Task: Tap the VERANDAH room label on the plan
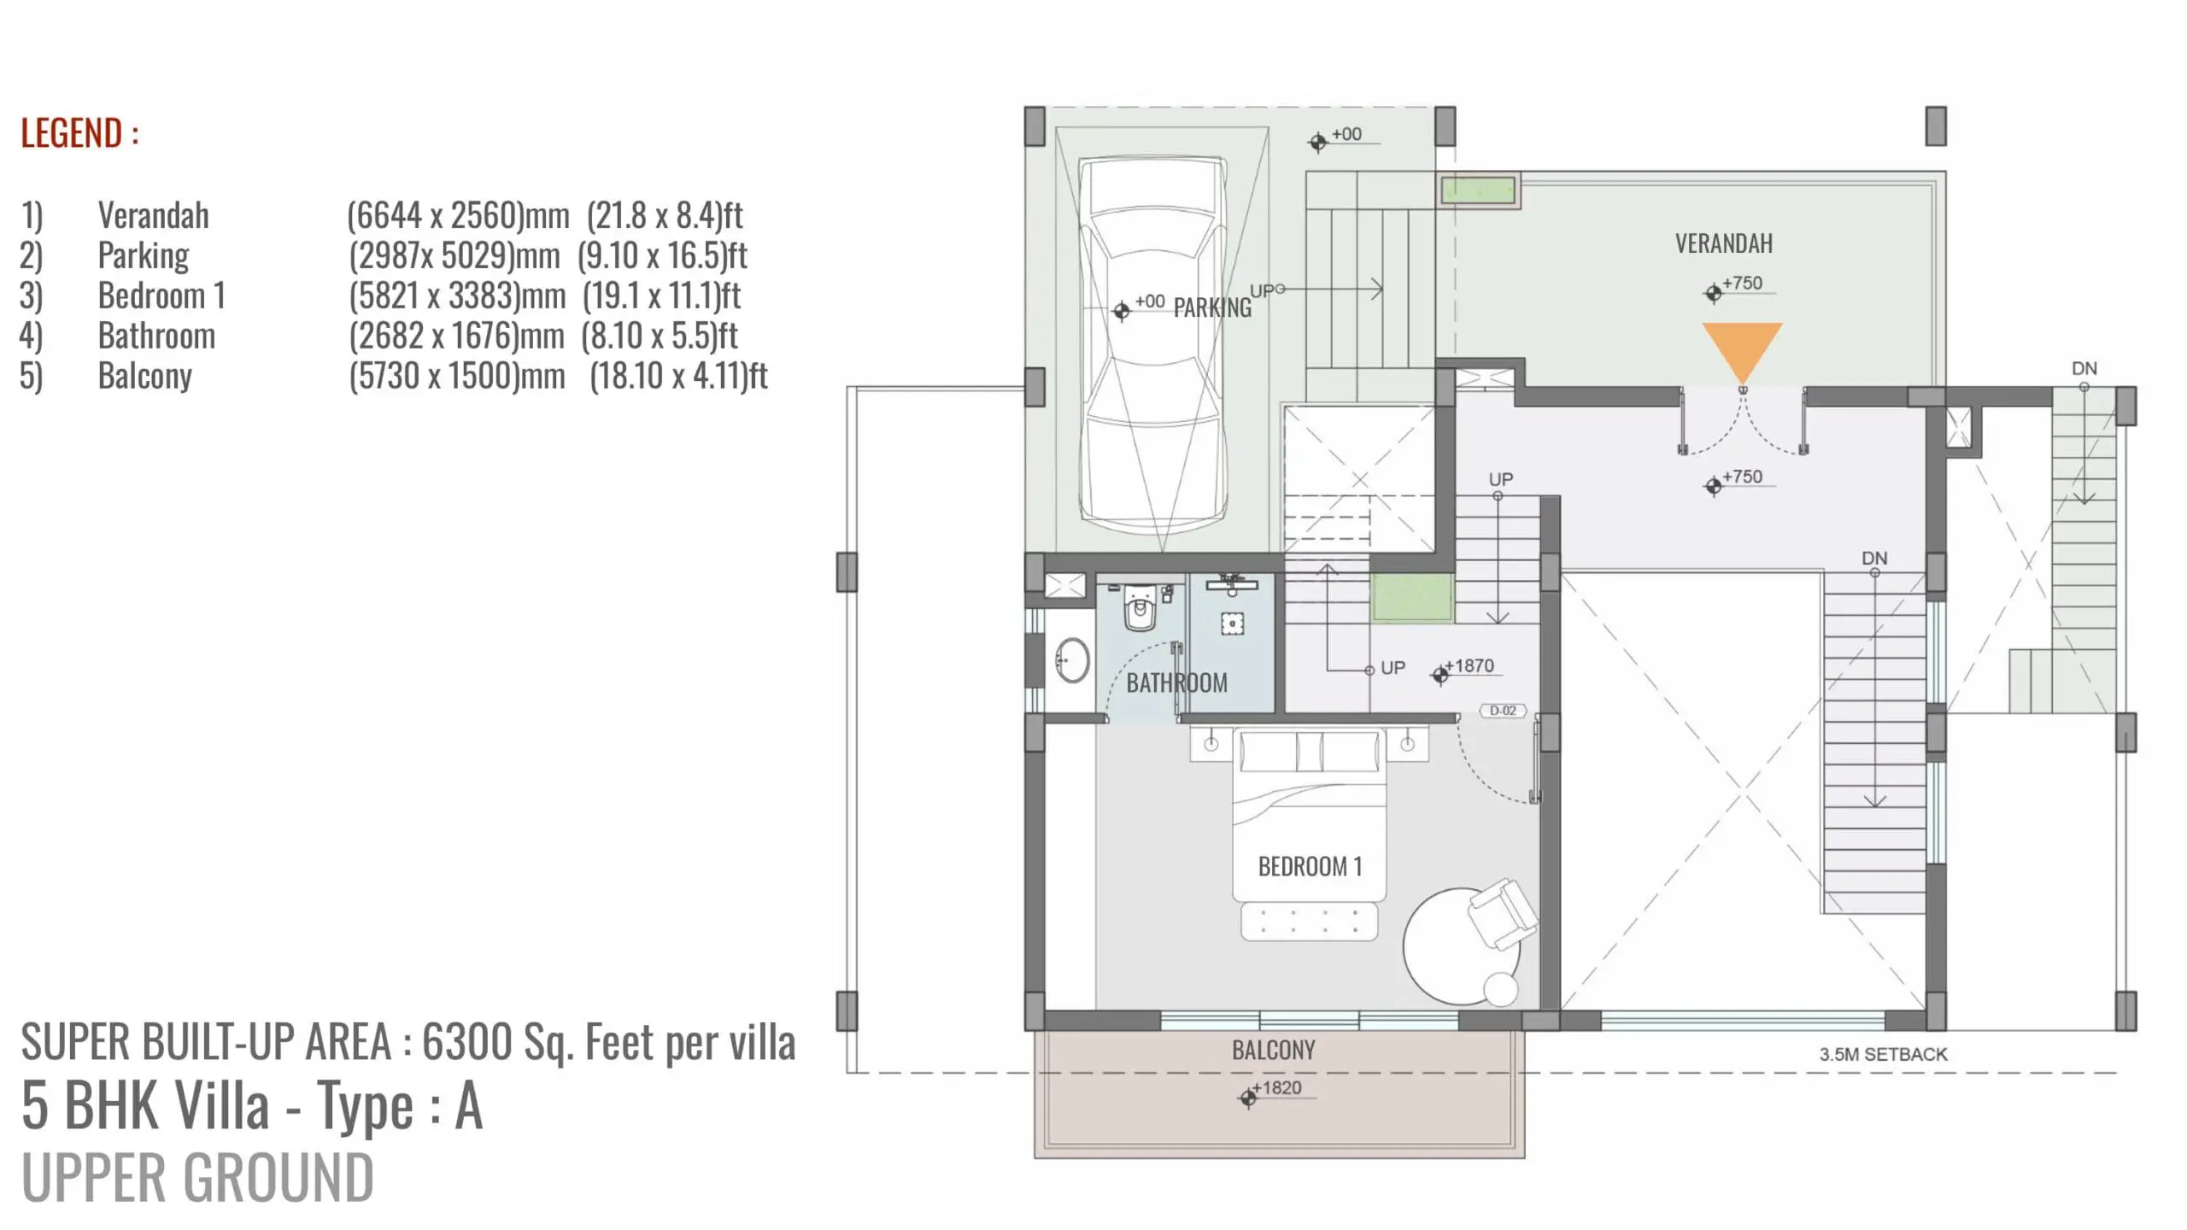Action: tap(1723, 243)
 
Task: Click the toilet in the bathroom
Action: tap(1140, 606)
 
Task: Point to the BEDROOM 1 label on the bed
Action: tap(1310, 866)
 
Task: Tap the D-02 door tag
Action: tap(1503, 711)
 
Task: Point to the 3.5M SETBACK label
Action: tap(1883, 1054)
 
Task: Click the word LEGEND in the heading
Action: tap(71, 133)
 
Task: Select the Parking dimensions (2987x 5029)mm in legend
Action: tap(454, 255)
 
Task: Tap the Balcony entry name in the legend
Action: tap(145, 376)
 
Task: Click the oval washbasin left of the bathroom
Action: tap(1071, 660)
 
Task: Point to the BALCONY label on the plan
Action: tap(1273, 1050)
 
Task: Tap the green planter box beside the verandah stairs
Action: tap(1478, 190)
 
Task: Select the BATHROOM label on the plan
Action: tap(1176, 682)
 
